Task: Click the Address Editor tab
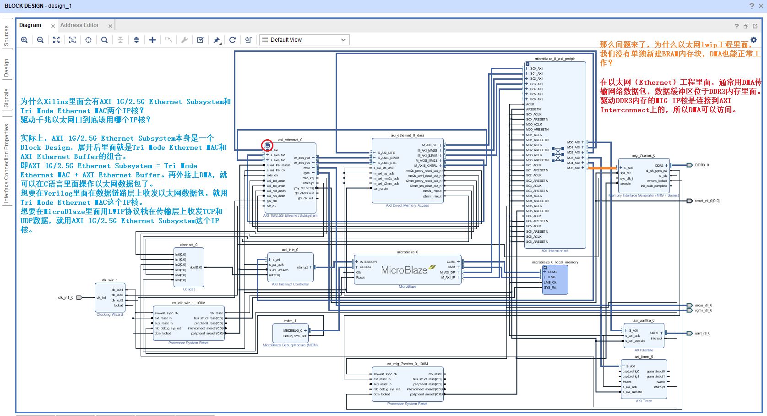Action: tap(79, 25)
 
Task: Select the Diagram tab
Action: tap(30, 25)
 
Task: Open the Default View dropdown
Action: tap(304, 40)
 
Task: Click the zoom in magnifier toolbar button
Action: tap(24, 40)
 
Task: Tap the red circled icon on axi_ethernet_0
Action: tap(267, 146)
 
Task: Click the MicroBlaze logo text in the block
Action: tap(404, 270)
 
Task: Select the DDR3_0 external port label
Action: tap(702, 165)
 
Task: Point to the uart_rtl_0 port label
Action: tap(702, 333)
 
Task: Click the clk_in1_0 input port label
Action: tap(65, 297)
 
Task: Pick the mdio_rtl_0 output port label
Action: tap(703, 305)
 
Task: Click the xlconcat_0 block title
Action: tap(189, 245)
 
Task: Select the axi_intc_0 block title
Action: tap(290, 250)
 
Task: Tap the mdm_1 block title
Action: tap(290, 321)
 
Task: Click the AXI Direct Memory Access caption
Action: tap(407, 205)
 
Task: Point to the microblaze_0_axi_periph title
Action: tap(555, 59)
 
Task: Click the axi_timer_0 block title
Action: tap(643, 356)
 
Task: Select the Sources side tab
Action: tap(6, 36)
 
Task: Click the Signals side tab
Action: tap(6, 98)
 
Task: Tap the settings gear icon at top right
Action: tap(754, 40)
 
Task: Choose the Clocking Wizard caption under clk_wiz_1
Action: tap(109, 314)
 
